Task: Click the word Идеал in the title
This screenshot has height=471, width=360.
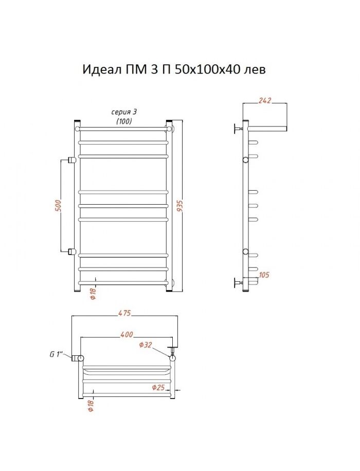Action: (x=101, y=70)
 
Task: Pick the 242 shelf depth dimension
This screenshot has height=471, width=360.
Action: (x=265, y=100)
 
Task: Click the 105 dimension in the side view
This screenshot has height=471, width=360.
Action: (x=264, y=275)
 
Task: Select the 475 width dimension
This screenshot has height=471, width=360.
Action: (x=124, y=313)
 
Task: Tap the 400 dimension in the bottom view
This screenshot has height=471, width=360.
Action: (x=127, y=334)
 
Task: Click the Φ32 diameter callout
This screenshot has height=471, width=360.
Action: (x=146, y=345)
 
